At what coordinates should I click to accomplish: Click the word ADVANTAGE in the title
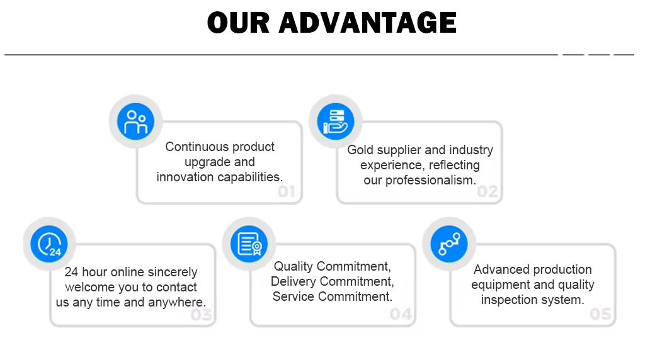click(x=368, y=23)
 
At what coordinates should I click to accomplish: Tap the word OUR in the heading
click(x=239, y=23)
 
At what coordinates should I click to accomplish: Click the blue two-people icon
click(x=135, y=121)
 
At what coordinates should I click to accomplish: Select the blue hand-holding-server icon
click(x=336, y=121)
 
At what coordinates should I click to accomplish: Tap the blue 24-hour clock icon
click(x=49, y=244)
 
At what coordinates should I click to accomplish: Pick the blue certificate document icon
click(x=249, y=244)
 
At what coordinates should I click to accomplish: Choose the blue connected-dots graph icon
click(x=449, y=244)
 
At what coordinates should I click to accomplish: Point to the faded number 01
click(x=287, y=192)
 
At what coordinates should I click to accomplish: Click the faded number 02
click(x=487, y=192)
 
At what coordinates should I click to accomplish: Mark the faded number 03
click(x=201, y=315)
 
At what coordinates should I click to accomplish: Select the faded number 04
click(x=401, y=314)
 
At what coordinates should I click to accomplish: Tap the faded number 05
click(x=600, y=314)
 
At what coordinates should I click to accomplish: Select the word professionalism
click(x=430, y=180)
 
